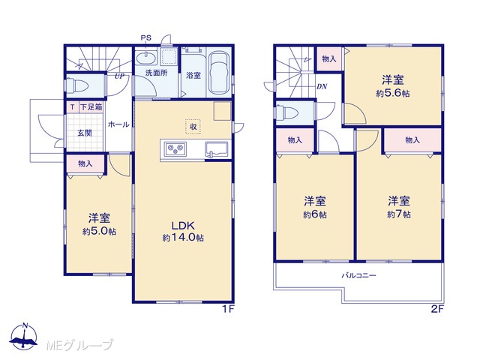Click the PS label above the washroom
[x=146, y=38]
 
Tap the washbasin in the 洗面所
[x=146, y=58]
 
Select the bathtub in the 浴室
[x=220, y=73]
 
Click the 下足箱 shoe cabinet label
[x=91, y=107]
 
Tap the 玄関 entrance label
[x=85, y=133]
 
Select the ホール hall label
[x=118, y=124]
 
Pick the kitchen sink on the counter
[x=217, y=149]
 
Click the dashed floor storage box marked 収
[x=193, y=126]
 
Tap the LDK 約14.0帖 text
[x=183, y=232]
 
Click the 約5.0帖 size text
[x=99, y=232]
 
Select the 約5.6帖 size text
[x=393, y=93]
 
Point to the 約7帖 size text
[x=399, y=214]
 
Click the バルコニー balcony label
[x=358, y=275]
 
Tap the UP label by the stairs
[x=119, y=76]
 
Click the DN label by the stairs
[x=322, y=87]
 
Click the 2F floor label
[x=437, y=309]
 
